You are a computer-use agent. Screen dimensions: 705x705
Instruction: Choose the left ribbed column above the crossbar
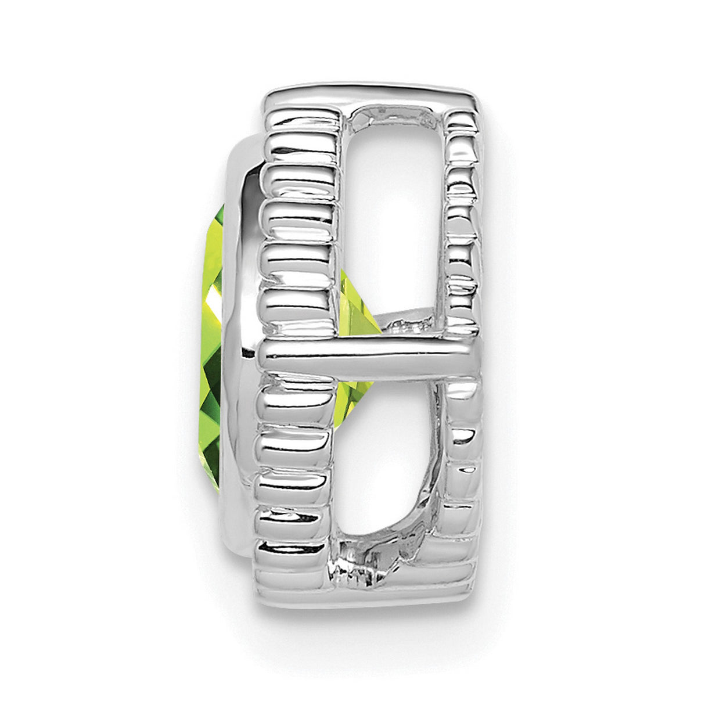tap(299, 232)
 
